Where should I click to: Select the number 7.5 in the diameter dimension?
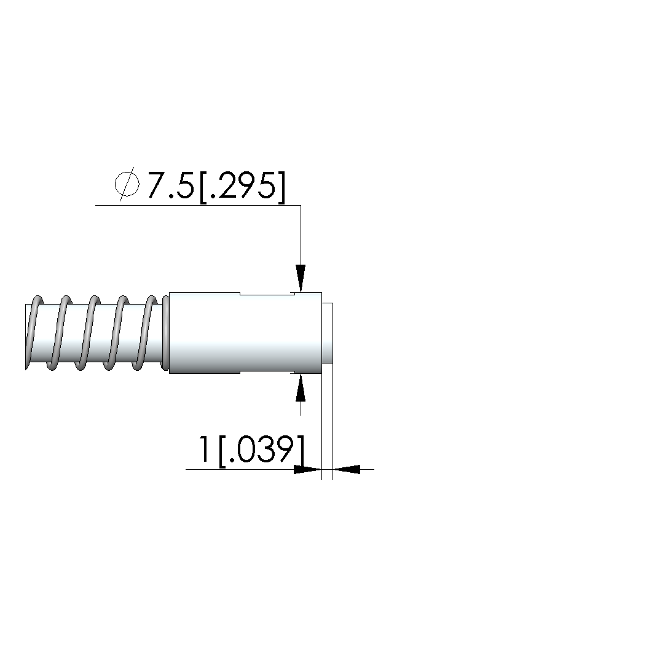pos(171,185)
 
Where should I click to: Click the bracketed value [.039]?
pos(262,450)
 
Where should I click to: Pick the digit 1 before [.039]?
pos(205,449)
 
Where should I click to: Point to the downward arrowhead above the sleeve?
pos(301,278)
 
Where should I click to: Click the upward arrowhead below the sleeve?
pos(301,387)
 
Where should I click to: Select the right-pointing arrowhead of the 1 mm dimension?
pos(308,470)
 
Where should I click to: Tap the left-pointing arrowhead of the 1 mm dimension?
pos(346,470)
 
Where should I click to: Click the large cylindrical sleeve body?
pos(245,333)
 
